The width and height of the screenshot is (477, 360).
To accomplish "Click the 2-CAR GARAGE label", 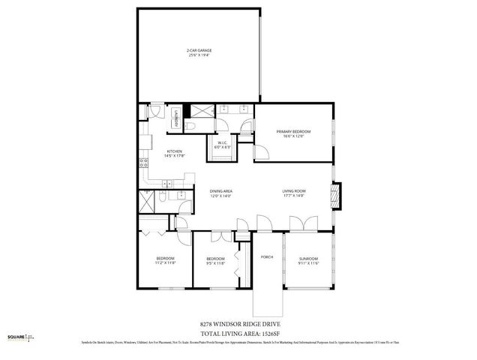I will pos(198,52).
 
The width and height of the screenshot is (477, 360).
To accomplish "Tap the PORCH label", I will pos(266,257).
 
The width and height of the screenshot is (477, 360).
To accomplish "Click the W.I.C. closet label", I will pos(223,145).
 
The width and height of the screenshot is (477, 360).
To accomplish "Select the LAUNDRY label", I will pos(175,118).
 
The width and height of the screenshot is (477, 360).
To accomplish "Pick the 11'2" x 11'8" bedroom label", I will pos(165,260).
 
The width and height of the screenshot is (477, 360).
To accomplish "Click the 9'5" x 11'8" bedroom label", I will pos(215,261).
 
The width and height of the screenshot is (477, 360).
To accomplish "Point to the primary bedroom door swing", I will pos(262,153).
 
